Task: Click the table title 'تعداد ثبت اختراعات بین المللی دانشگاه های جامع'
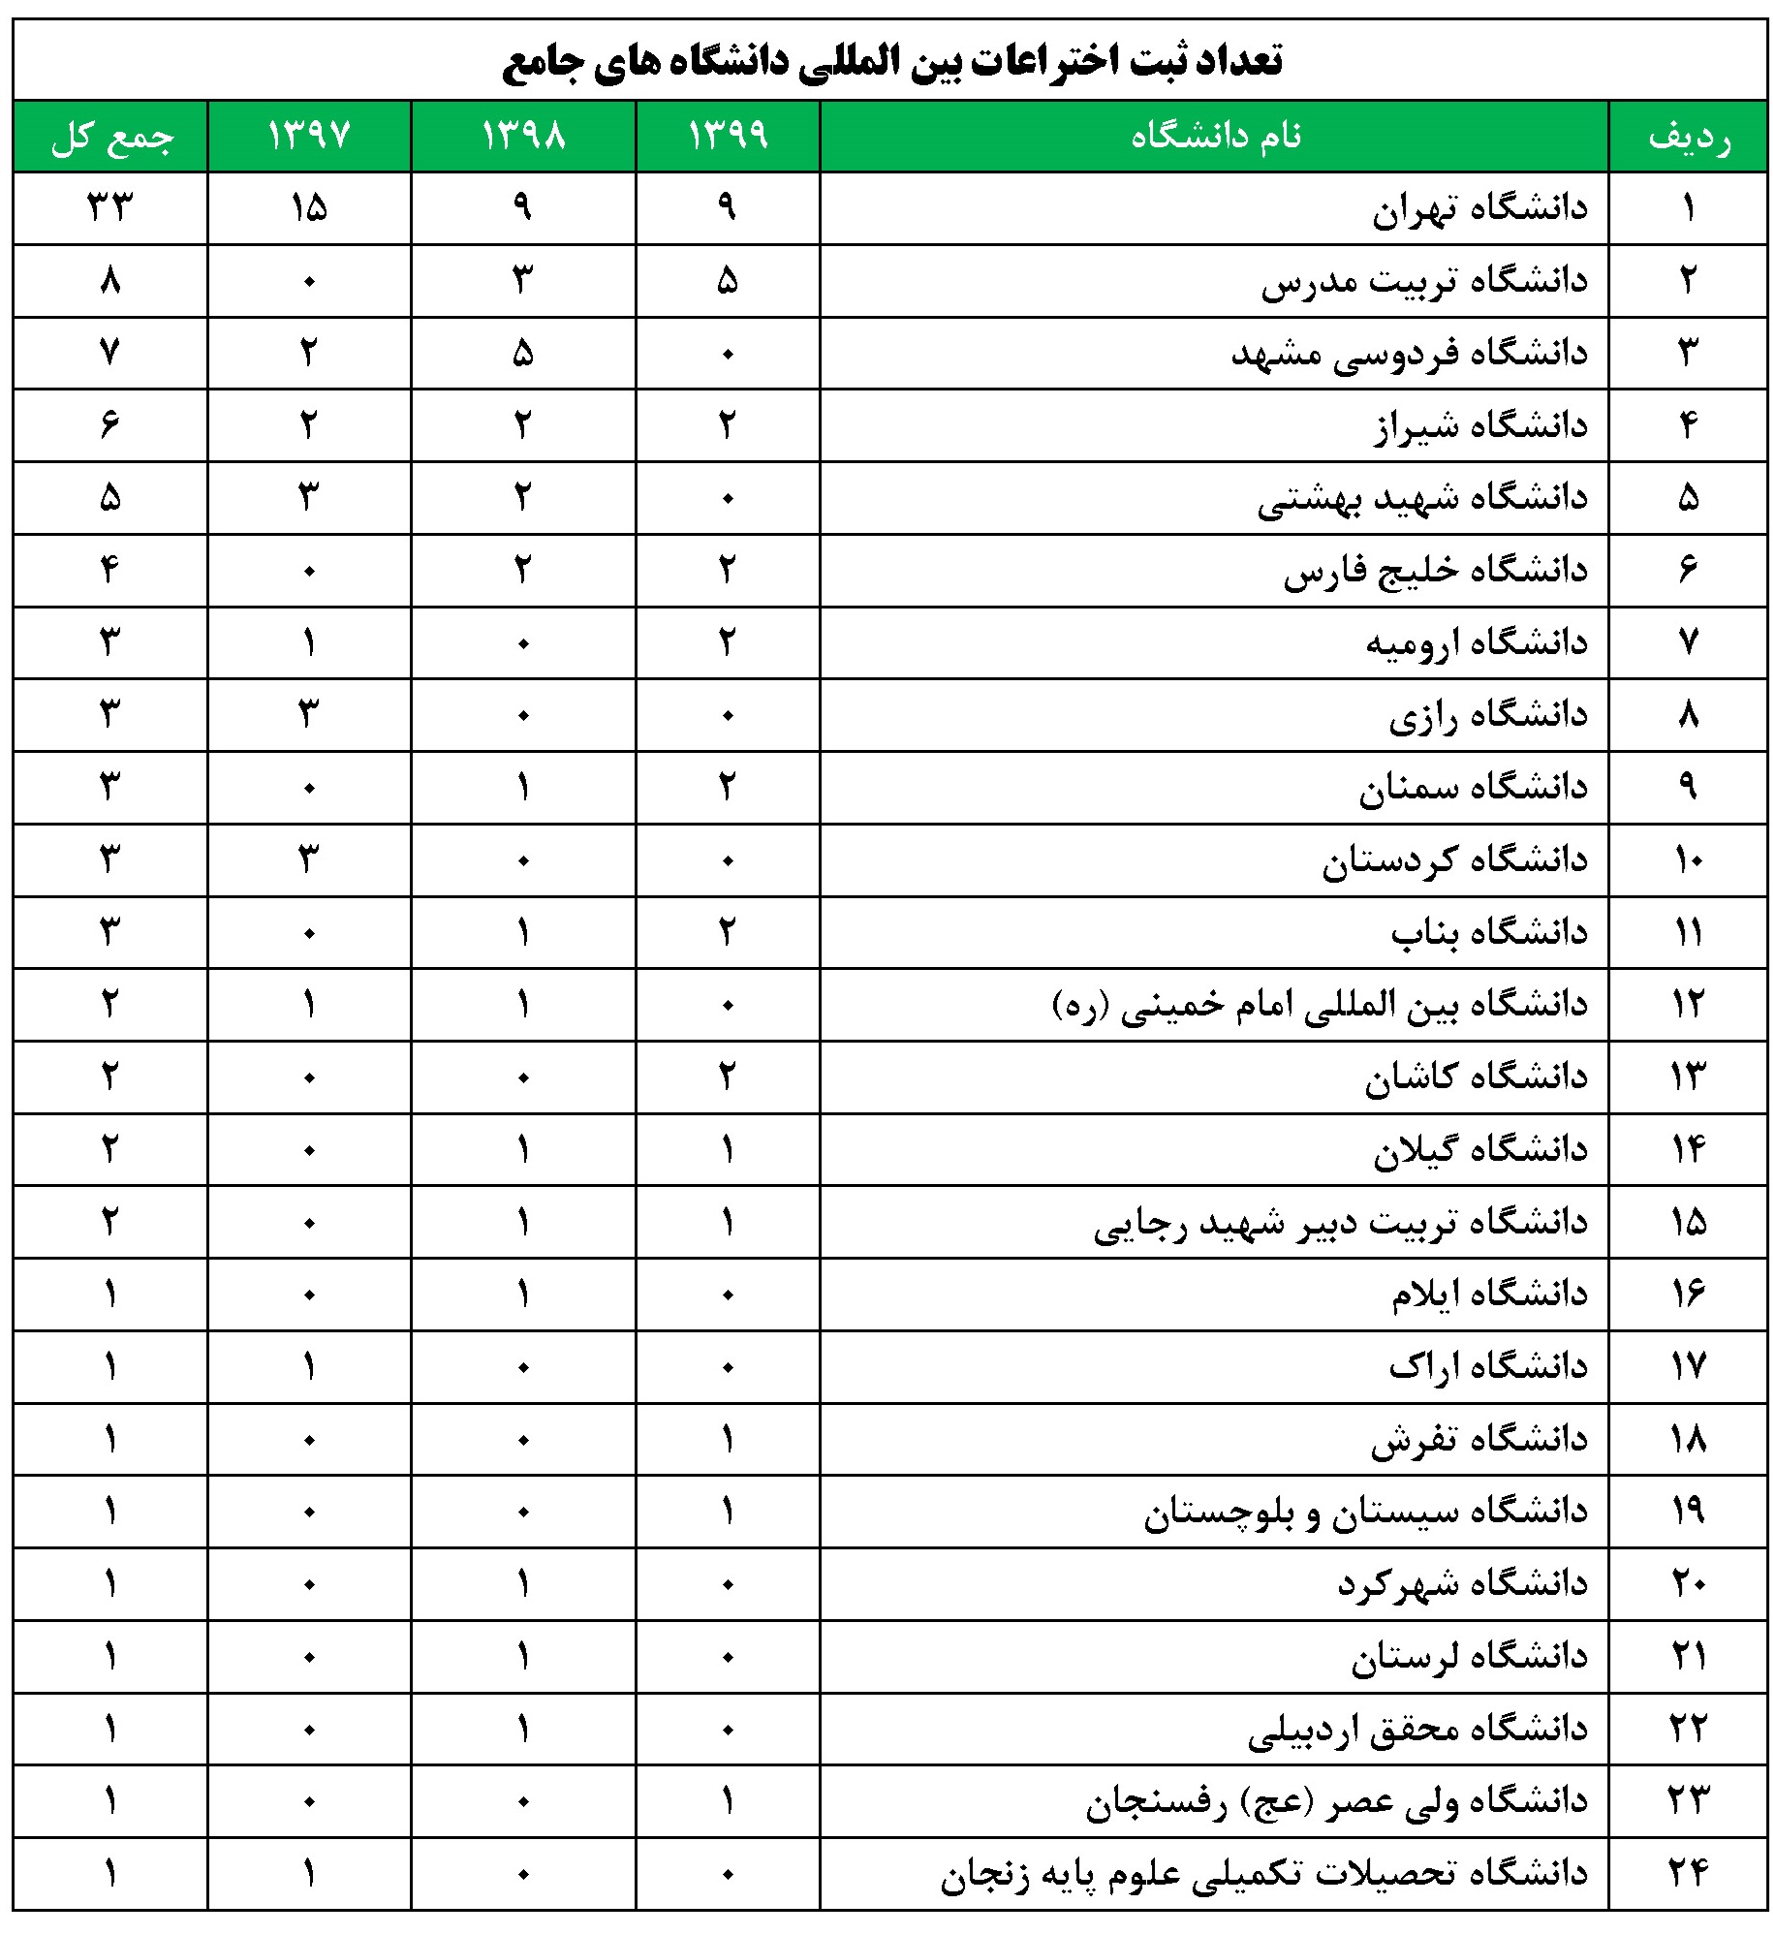(891, 60)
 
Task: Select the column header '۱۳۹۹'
(728, 136)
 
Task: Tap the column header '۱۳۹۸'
(523, 136)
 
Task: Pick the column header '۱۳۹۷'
(309, 136)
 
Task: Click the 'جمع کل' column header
(111, 137)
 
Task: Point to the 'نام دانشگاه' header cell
(1215, 136)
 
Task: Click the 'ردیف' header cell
(1689, 137)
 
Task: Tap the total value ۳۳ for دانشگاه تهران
(110, 207)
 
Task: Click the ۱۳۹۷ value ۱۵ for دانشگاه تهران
(309, 207)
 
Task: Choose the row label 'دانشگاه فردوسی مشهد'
(1409, 354)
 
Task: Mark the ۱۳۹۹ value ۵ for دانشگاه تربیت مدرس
(728, 281)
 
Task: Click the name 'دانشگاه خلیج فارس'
(1435, 571)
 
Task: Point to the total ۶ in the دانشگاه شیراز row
(110, 424)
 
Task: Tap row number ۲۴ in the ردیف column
(1689, 1874)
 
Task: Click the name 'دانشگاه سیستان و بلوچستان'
(1365, 1513)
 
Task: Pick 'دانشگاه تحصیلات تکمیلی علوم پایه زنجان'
(1263, 1874)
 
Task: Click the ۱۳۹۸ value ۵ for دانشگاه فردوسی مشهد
(523, 354)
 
